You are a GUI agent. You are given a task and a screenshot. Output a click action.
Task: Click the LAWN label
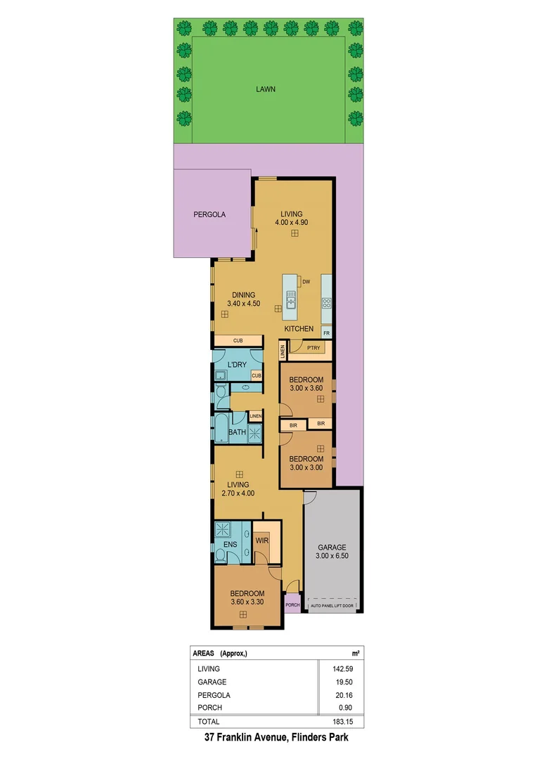click(x=266, y=89)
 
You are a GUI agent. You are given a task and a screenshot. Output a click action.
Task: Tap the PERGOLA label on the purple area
click(x=209, y=214)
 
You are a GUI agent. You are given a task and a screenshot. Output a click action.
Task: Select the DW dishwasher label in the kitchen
click(x=306, y=283)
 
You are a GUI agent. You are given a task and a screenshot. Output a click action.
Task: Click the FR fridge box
click(x=326, y=332)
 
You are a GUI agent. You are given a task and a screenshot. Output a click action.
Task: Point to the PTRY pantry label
click(x=313, y=346)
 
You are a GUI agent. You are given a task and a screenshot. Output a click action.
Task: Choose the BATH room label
click(x=237, y=432)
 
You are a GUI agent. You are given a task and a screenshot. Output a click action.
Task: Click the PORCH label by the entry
click(x=292, y=604)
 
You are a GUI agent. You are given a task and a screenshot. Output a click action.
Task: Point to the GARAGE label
click(x=332, y=547)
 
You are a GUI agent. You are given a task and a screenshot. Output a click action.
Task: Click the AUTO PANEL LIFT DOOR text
click(x=334, y=604)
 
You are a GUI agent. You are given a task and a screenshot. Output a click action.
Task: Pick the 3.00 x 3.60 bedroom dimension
click(x=306, y=389)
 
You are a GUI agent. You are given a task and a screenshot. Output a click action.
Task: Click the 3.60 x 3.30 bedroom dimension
click(x=247, y=602)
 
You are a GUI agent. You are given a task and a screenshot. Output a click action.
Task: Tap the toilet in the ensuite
click(x=221, y=556)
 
